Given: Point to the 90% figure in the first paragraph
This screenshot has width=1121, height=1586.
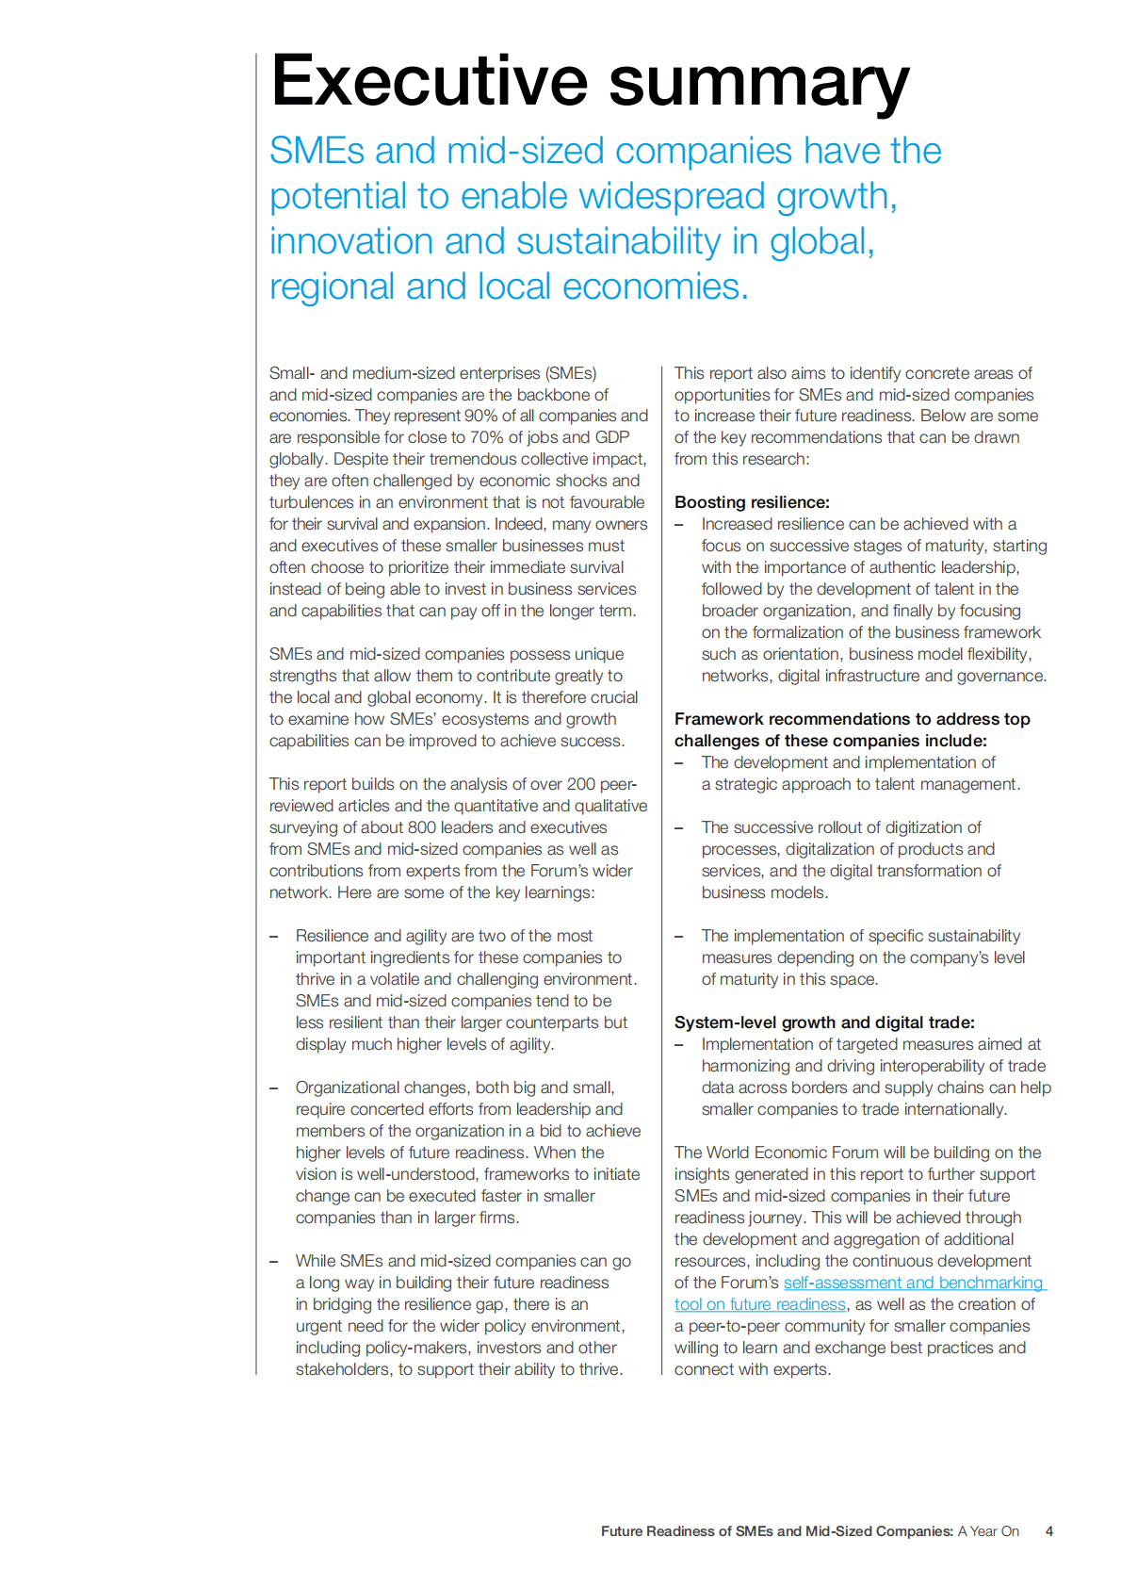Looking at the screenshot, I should (x=481, y=416).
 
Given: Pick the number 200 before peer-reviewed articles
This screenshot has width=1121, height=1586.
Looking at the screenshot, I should (x=581, y=784).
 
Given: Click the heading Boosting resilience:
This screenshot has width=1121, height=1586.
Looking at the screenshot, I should (x=752, y=502).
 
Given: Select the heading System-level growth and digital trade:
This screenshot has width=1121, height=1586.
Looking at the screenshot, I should (x=824, y=1022).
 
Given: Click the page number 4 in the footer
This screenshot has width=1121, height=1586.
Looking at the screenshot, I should (x=1048, y=1531).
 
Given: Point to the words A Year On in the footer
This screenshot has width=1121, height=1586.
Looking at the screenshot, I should (x=988, y=1531).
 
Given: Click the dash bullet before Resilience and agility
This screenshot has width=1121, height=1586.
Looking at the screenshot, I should (x=274, y=936).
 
